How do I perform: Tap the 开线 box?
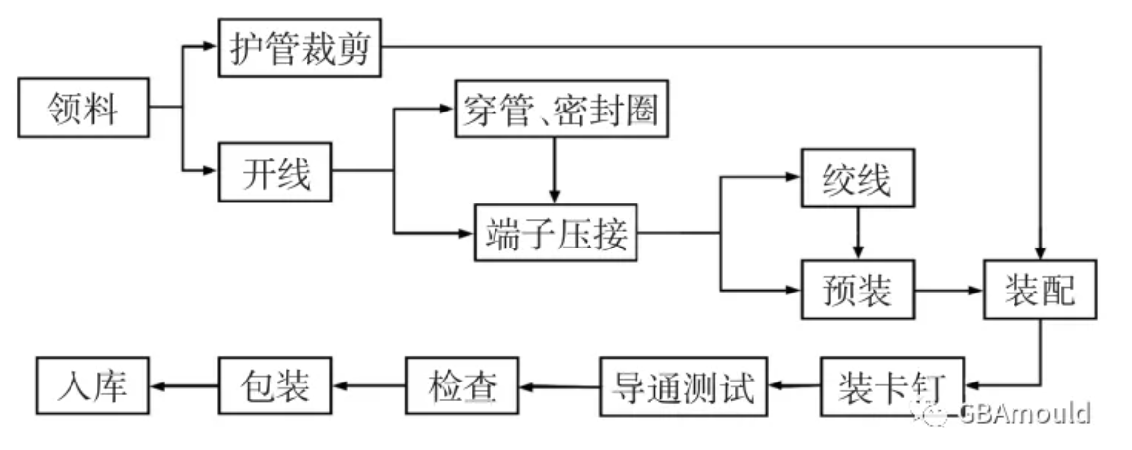pyautogui.click(x=275, y=174)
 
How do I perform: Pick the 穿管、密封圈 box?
pyautogui.click(x=554, y=112)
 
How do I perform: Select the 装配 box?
pyautogui.click(x=1039, y=291)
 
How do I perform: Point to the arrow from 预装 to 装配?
pyautogui.click(x=949, y=291)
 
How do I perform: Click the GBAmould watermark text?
pyautogui.click(x=1023, y=413)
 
